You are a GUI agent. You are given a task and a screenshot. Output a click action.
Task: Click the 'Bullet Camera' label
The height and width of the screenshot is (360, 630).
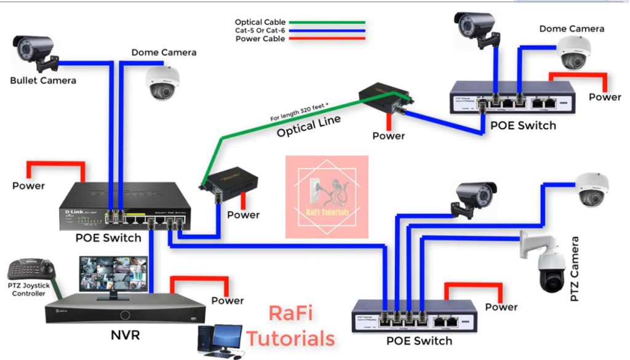43,81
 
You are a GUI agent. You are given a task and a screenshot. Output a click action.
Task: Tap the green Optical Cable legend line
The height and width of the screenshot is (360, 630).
327,22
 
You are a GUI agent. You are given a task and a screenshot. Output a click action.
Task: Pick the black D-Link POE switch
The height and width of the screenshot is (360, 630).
126,206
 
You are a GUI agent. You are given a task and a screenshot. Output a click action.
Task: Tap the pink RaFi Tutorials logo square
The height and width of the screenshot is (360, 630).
327,196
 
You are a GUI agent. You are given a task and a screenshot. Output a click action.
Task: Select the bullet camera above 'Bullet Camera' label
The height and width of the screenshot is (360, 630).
36,50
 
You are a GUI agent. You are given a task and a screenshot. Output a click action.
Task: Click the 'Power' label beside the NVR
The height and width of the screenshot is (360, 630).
228,301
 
